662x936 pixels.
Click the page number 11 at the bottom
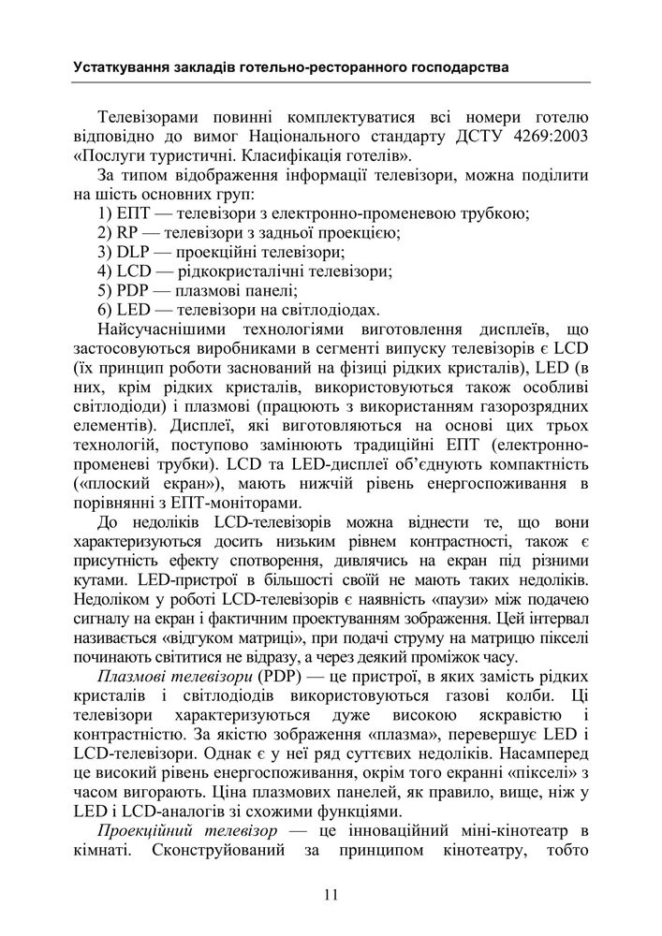pyautogui.click(x=331, y=894)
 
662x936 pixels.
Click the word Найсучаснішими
pyautogui.click(x=167, y=330)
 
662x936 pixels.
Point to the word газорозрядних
pyautogui.click(x=534, y=407)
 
